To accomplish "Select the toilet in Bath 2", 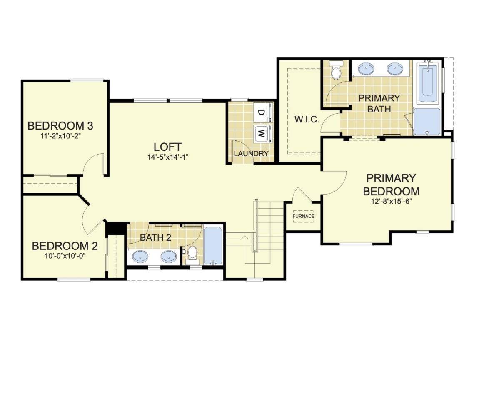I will (192, 254).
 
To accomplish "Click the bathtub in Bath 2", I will (214, 246).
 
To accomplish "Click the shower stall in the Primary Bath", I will (427, 122).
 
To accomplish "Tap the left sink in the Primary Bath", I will (366, 68).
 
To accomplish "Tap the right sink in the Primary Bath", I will (394, 68).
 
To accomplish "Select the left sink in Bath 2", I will (140, 257).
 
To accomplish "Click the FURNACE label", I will (303, 216).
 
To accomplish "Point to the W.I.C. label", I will (307, 120).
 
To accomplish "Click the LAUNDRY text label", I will (251, 154).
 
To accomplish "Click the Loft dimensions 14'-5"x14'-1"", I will (167, 157).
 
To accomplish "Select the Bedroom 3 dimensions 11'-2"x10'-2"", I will (60, 135).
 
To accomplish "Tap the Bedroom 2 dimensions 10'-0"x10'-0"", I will (65, 256).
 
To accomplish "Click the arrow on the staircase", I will (245, 238).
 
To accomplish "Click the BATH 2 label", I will (155, 237).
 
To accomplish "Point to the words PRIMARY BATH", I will (379, 103).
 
